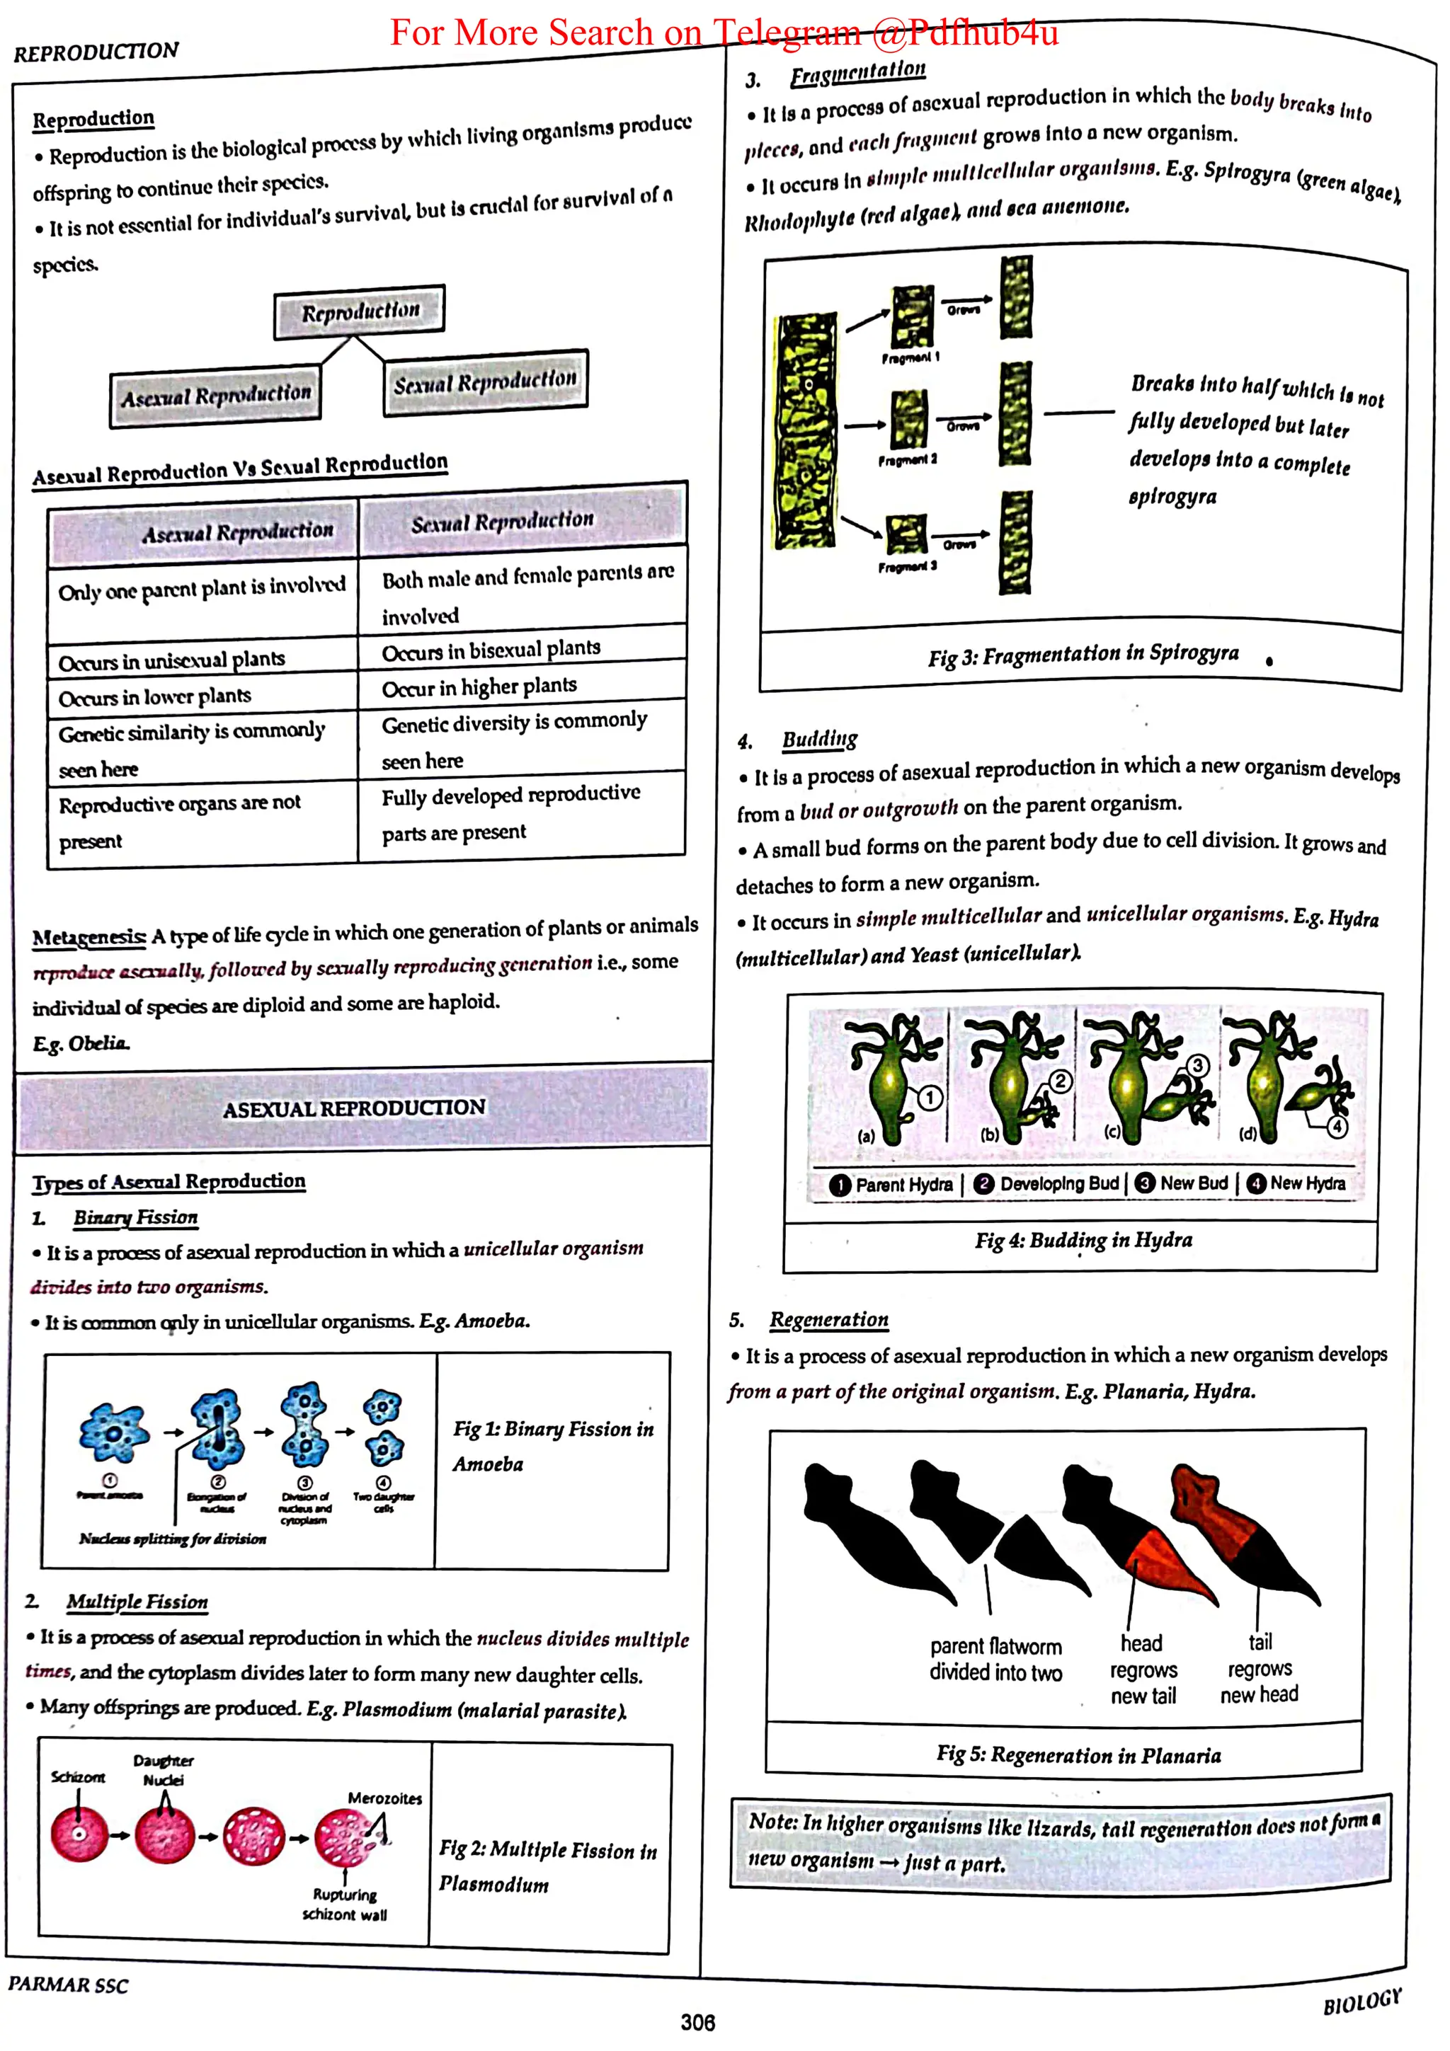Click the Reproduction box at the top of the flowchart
click(359, 312)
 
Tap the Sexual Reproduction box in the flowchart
click(485, 382)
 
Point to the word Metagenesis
click(89, 937)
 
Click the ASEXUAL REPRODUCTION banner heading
click(354, 1108)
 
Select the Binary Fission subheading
click(135, 1217)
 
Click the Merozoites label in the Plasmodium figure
click(384, 1798)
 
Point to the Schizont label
click(78, 1777)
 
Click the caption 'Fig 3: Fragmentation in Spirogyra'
click(1083, 655)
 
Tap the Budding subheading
click(819, 740)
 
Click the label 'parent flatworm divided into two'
click(995, 1660)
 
